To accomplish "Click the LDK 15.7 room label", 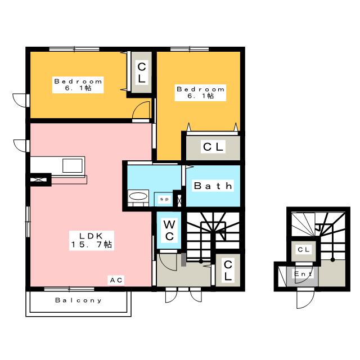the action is (x=91, y=240).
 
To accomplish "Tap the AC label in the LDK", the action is (x=116, y=280).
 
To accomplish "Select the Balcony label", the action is (x=78, y=300).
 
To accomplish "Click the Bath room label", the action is (x=213, y=186).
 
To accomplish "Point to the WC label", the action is (x=169, y=231).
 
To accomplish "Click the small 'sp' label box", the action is (x=164, y=199).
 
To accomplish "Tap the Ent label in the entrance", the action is (x=303, y=274).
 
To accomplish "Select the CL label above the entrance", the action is (x=304, y=250).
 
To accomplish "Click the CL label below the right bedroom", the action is (x=213, y=147).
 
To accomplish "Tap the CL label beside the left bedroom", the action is (x=141, y=73).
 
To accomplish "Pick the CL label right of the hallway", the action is (x=228, y=271).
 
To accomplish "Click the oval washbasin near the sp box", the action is (x=138, y=196).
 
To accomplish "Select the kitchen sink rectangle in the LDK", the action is (x=73, y=165).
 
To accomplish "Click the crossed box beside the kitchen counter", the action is (x=39, y=180).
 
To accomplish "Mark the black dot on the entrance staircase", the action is (x=332, y=260).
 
